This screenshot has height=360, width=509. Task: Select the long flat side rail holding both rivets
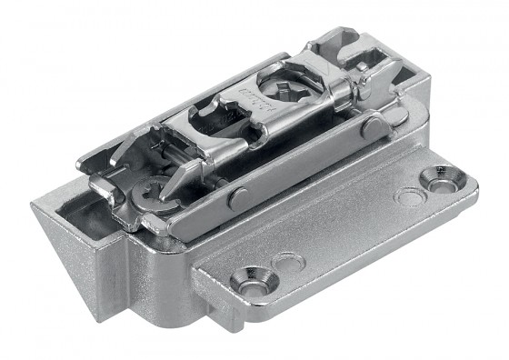coord(300,168)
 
